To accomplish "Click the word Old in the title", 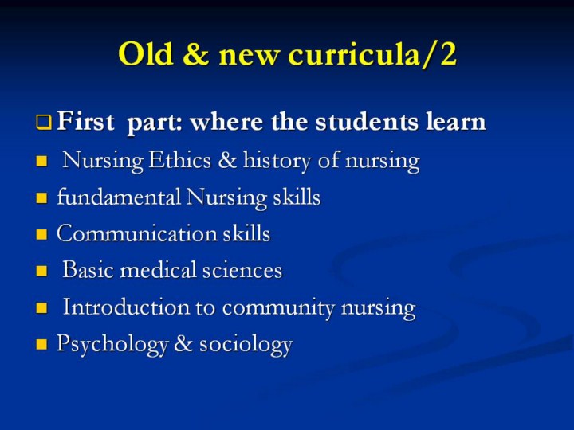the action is (x=146, y=53).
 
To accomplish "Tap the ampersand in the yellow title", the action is (x=195, y=53).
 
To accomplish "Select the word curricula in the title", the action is (x=354, y=54).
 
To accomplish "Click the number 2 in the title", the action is (x=448, y=53).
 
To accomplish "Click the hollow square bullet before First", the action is (x=44, y=122).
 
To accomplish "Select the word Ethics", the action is (x=179, y=160).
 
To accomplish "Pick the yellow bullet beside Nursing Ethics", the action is (x=41, y=161).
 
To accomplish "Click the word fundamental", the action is (x=119, y=197).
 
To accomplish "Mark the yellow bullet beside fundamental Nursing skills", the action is (x=41, y=197).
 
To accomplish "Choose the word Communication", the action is (x=137, y=233).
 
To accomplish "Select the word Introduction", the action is (x=126, y=307).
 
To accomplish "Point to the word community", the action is (x=278, y=308).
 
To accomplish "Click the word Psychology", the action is (x=112, y=345).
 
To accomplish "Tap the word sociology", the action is (x=246, y=345).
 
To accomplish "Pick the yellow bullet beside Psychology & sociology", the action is (x=41, y=344).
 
